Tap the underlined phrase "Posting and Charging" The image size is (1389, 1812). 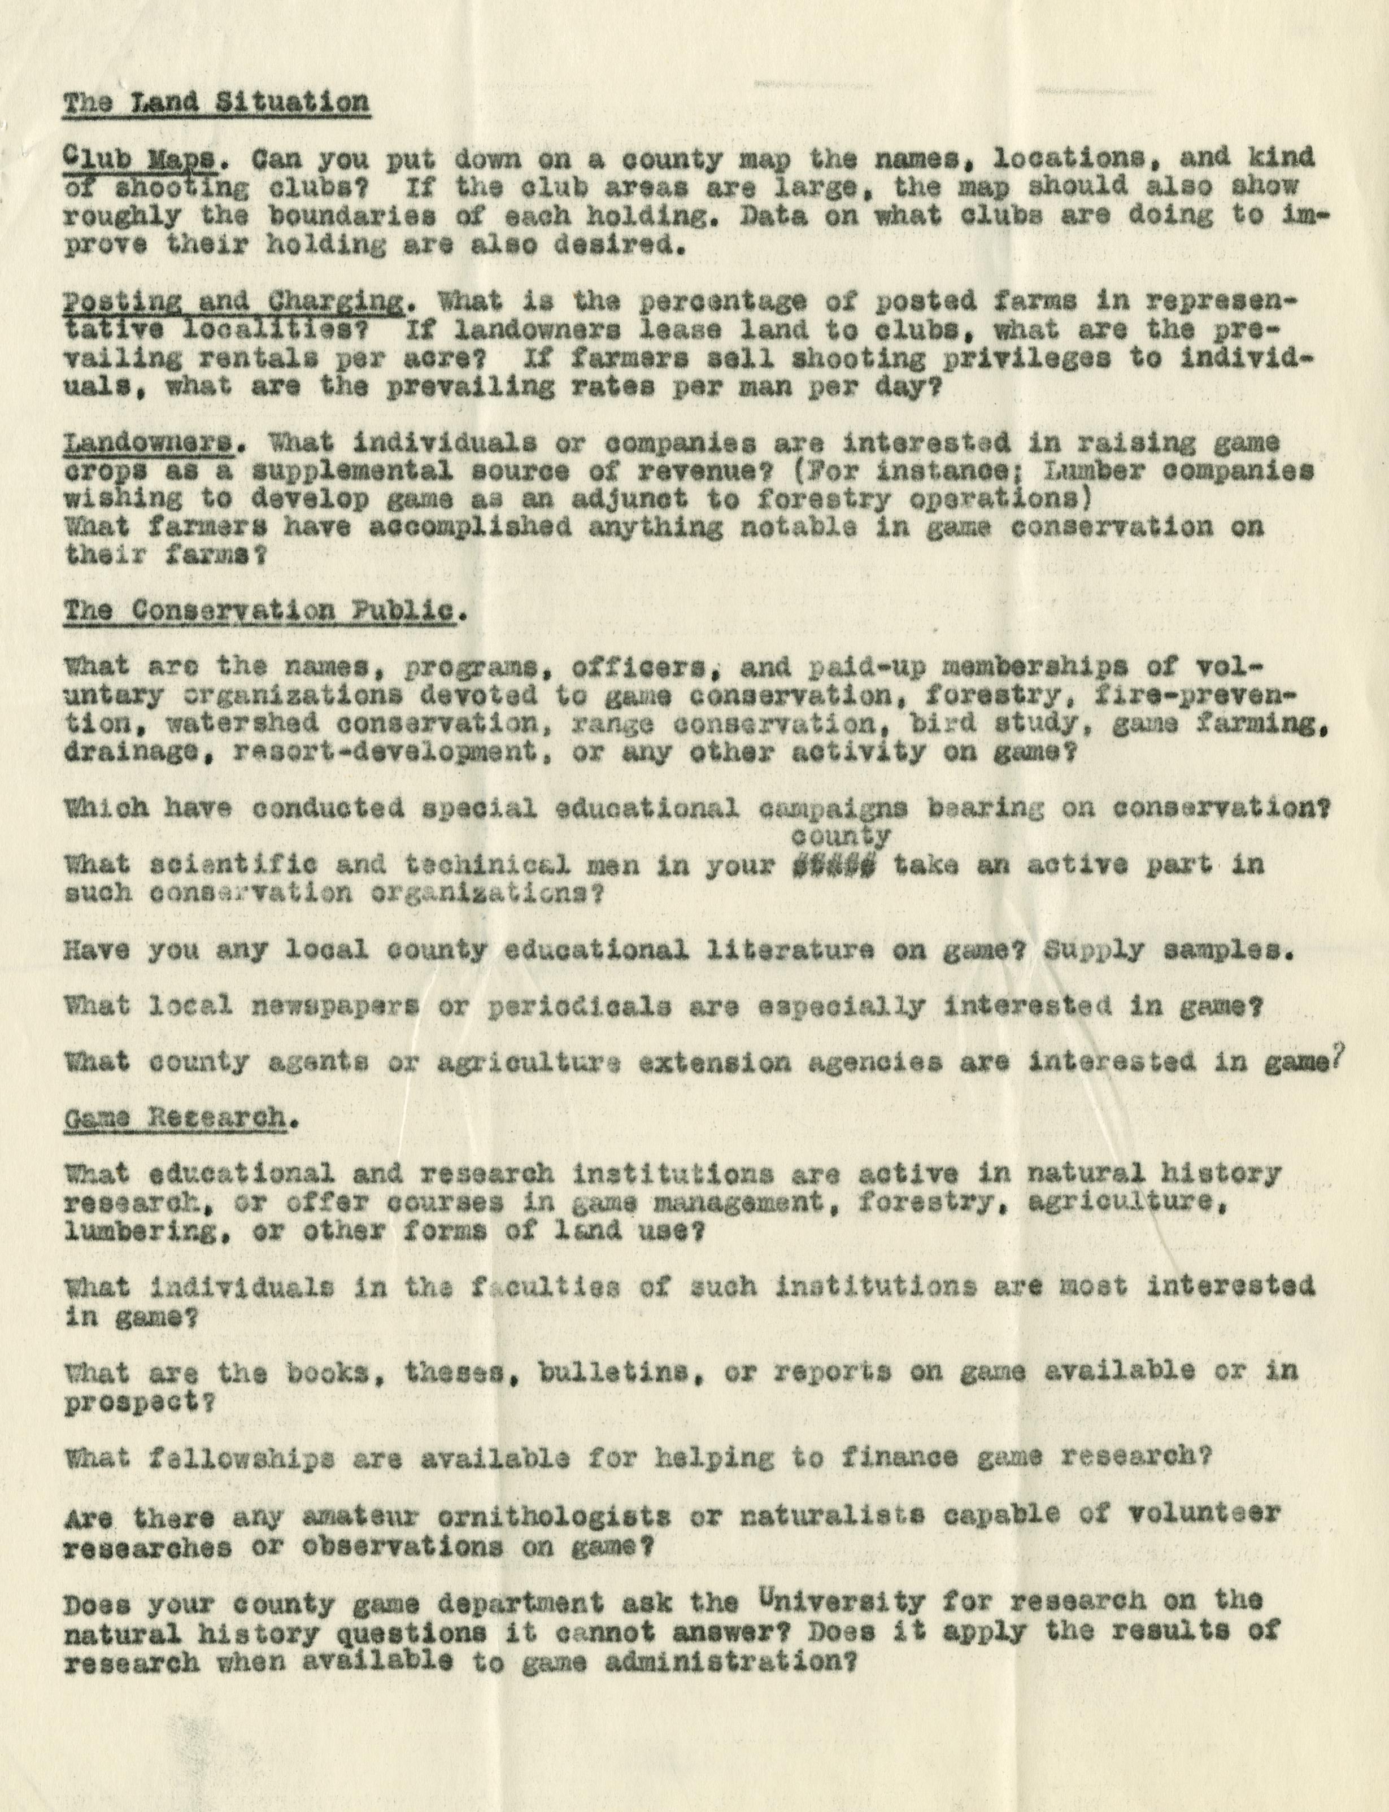[233, 302]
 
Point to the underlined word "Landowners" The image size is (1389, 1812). [148, 444]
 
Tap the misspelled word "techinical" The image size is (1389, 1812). [488, 865]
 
